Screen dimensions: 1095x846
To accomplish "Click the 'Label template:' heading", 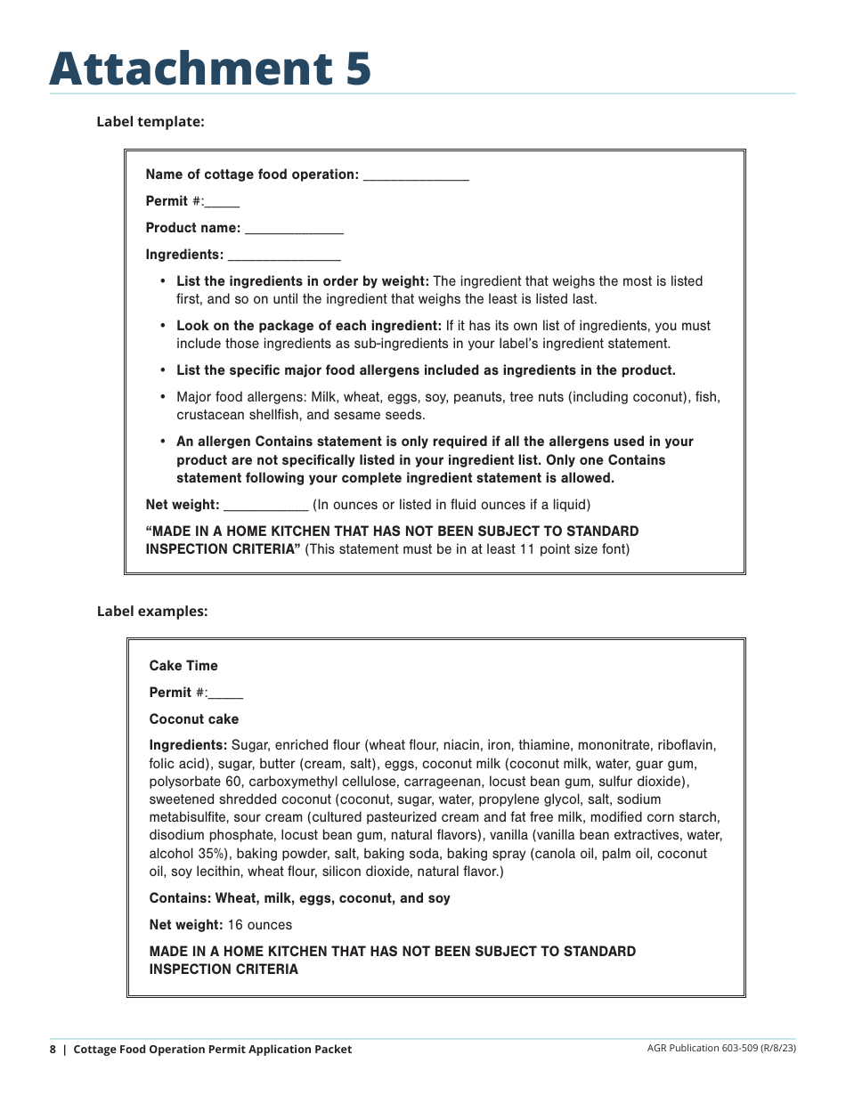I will coord(150,122).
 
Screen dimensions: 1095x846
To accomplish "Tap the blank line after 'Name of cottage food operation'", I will coord(416,176).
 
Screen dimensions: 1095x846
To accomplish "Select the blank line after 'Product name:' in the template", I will coord(294,230).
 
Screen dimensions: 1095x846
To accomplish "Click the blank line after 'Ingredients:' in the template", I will coord(284,256).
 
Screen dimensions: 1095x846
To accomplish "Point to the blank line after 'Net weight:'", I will coord(265,506).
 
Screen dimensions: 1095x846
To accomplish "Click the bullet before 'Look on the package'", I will coord(163,326).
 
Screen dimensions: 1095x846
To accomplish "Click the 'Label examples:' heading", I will coord(152,612).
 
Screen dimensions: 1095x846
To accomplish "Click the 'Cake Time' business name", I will coord(183,666).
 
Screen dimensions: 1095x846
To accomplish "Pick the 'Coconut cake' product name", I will coord(194,719).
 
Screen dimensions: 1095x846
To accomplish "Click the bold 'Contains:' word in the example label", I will coord(180,898).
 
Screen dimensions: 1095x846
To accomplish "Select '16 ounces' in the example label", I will coord(259,925).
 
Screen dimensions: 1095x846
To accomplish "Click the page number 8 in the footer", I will coord(53,1050).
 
